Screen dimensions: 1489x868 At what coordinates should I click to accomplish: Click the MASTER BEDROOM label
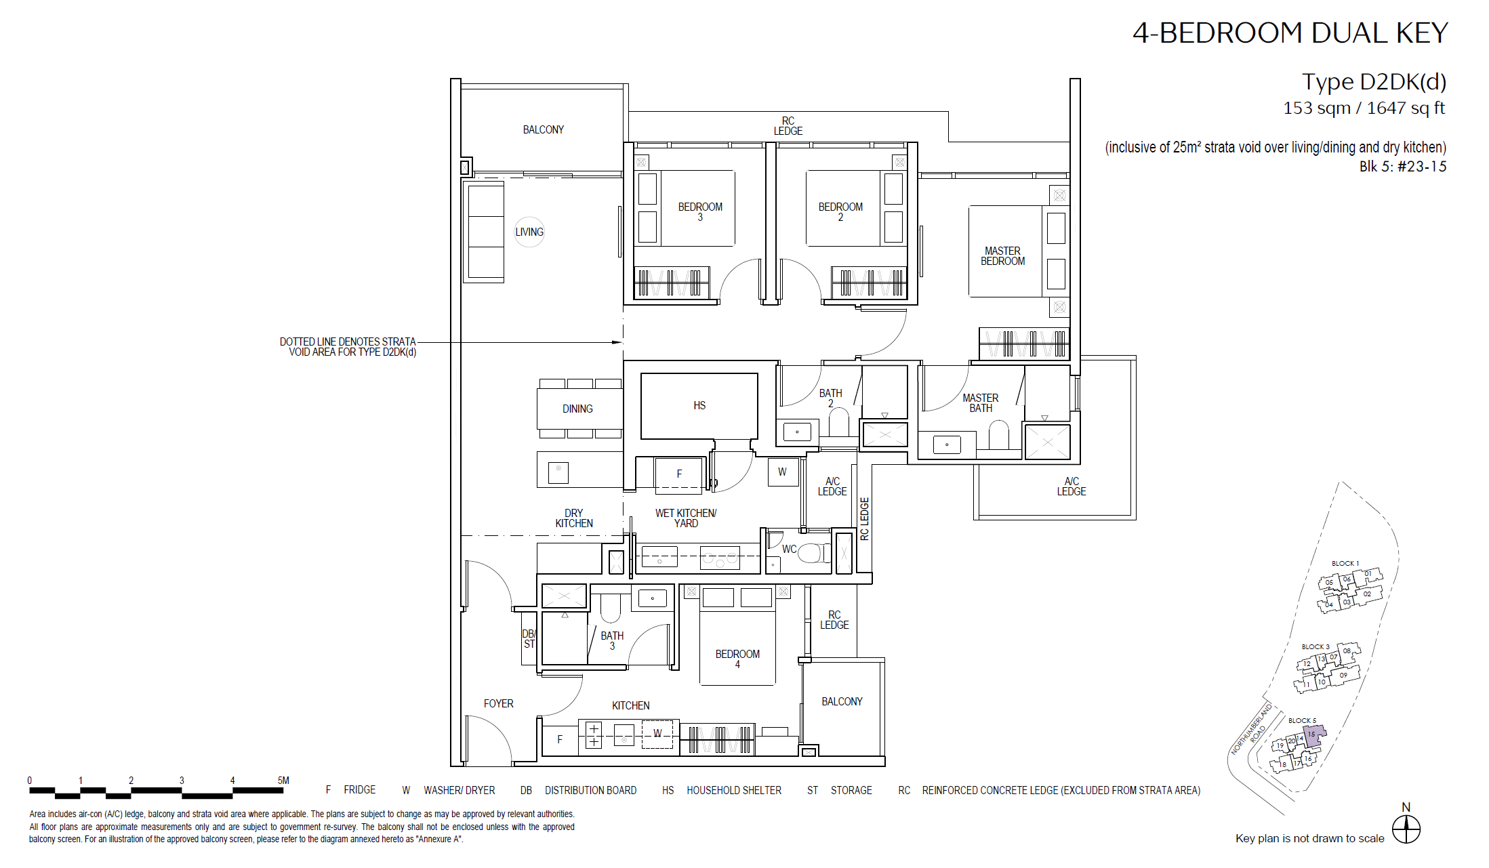tap(1002, 256)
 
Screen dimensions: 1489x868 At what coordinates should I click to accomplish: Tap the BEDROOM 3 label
tap(700, 212)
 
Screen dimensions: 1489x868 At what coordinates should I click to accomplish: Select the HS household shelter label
tap(699, 405)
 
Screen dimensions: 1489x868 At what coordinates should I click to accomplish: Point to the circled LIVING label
tap(529, 232)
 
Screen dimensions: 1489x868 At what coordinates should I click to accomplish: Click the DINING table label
tap(577, 409)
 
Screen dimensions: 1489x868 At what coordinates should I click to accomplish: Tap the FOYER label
tap(499, 703)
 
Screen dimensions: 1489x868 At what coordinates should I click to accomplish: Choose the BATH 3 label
tap(612, 641)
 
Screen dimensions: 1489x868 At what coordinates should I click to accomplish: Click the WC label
tap(790, 549)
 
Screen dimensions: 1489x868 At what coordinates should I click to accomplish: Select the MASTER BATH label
tap(981, 403)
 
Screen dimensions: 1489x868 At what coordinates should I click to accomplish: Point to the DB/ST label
tap(529, 639)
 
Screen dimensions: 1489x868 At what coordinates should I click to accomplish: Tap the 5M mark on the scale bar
tap(283, 781)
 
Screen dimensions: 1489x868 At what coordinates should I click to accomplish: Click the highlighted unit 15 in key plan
tap(1313, 735)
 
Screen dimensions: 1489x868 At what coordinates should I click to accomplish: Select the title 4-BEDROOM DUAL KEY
tap(1290, 33)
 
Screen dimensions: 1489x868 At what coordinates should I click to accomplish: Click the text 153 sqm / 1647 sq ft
tap(1364, 108)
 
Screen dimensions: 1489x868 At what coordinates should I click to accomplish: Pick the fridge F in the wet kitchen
tap(679, 474)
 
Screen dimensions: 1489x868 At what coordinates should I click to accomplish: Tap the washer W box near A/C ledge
tap(782, 472)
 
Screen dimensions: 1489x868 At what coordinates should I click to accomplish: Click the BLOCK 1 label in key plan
tap(1345, 563)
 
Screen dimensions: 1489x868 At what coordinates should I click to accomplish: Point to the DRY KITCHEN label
tap(574, 518)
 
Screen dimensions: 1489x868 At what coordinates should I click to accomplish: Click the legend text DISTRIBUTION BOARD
tap(590, 790)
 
